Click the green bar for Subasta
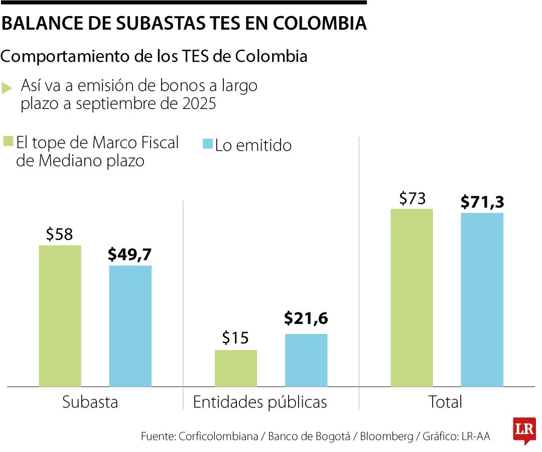[60, 316]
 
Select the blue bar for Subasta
[130, 326]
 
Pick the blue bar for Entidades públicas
[306, 360]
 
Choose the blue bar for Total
[482, 300]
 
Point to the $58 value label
[59, 235]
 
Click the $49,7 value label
[130, 255]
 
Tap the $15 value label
[235, 338]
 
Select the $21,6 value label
[306, 318]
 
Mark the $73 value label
[412, 199]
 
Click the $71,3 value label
[482, 202]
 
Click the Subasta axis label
[90, 402]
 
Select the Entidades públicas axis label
[260, 402]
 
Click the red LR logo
[524, 430]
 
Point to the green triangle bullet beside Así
[7, 88]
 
